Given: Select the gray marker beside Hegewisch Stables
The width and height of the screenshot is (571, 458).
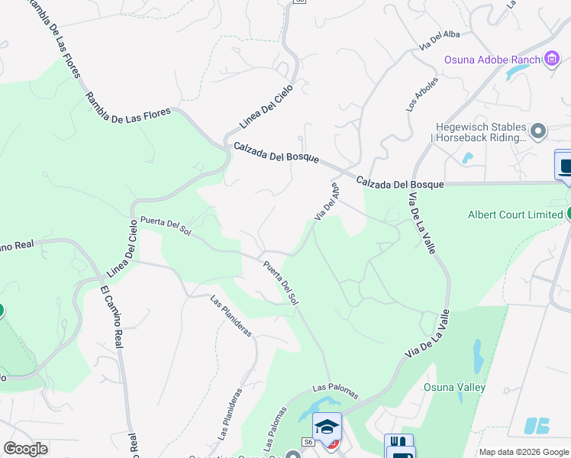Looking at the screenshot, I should coord(538,131).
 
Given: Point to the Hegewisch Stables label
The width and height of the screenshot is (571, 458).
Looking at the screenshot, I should coord(480,132).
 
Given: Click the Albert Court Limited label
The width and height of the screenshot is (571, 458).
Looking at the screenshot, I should coord(515,214).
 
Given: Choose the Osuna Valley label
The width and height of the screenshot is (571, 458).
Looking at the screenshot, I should coord(454,387).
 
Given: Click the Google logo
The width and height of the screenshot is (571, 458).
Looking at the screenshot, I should coord(25,449).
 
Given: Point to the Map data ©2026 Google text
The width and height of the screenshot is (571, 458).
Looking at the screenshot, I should coord(524,452).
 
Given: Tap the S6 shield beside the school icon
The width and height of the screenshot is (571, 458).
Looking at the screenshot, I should coord(308,441).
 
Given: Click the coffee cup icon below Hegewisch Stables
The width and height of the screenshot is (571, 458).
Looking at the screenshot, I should coord(565,166).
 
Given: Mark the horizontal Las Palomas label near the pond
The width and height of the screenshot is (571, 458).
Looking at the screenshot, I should coord(334,392).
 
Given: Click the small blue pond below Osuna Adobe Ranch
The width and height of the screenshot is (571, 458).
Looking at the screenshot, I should coord(516,71).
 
